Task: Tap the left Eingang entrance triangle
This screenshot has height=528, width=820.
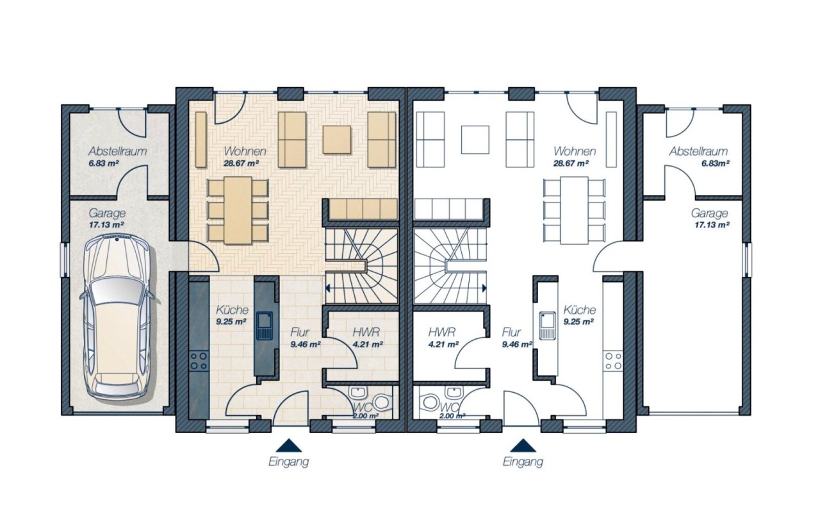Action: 289,445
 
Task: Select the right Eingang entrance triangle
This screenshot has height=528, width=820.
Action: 523,445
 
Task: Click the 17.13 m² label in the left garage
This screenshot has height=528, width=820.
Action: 106,224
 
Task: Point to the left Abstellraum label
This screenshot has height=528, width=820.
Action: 117,151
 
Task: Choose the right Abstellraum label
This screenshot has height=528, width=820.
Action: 698,151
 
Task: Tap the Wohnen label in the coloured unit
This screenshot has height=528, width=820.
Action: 245,151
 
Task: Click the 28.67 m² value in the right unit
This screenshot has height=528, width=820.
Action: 571,163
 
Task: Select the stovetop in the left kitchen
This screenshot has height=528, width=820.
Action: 199,361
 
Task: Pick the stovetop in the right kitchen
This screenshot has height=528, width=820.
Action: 613,361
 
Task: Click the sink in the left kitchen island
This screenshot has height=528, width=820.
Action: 264,325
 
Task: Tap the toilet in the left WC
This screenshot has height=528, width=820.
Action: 382,402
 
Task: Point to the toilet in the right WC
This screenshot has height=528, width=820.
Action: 430,402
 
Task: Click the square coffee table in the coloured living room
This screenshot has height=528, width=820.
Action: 336,140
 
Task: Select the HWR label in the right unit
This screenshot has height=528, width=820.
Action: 442,332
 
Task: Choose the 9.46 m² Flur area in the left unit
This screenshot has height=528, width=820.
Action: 306,344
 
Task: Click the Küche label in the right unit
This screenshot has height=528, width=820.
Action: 579,309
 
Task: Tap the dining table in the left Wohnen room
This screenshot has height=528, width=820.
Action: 238,210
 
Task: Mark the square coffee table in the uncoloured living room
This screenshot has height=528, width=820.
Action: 475,140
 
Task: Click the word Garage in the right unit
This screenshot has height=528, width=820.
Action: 709,213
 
